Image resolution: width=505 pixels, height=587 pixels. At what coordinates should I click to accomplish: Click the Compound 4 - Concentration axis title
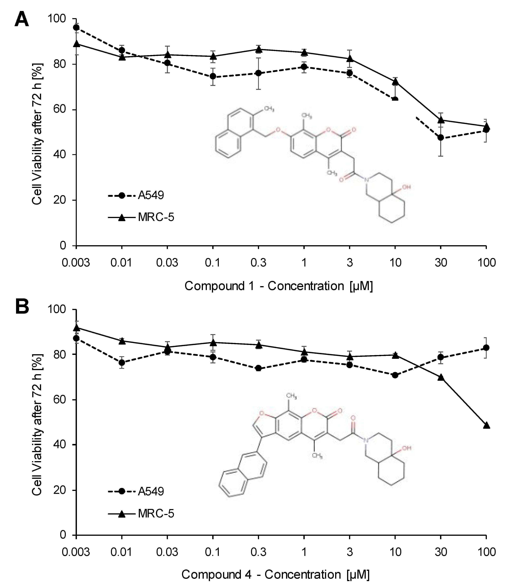[x=275, y=575]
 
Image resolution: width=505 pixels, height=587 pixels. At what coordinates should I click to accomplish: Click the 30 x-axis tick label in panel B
[x=441, y=552]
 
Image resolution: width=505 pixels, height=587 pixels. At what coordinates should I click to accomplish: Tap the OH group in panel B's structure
[x=407, y=448]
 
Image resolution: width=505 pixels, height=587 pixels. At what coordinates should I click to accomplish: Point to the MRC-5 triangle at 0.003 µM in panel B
[x=76, y=328]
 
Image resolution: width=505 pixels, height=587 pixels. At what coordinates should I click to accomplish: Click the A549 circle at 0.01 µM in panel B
[x=122, y=362]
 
